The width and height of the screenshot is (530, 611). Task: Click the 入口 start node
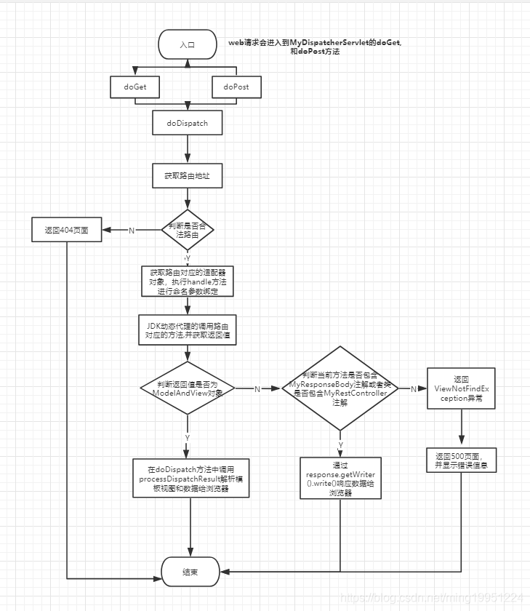[x=188, y=45]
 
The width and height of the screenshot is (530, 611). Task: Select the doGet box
[x=135, y=87]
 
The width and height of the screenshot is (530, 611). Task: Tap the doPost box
[x=236, y=87]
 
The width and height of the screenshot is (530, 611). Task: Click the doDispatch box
[x=188, y=124]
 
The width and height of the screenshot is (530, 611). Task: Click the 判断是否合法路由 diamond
[x=188, y=231]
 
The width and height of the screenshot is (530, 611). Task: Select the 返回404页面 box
[x=66, y=230]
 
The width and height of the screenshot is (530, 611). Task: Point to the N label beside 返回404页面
[x=132, y=231]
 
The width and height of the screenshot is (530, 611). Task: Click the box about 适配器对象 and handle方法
[x=188, y=281]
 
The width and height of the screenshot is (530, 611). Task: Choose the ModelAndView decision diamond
[x=188, y=388]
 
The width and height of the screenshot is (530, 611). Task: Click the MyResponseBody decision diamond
[x=340, y=388]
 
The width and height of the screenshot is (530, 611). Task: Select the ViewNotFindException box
[x=462, y=389]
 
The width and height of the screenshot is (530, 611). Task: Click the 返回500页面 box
[x=462, y=460]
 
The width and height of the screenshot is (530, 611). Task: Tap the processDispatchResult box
[x=190, y=478]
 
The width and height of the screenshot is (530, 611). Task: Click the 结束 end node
[x=190, y=572]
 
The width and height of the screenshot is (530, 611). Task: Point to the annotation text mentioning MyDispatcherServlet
[x=315, y=48]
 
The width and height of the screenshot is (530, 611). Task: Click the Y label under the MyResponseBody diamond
[x=340, y=443]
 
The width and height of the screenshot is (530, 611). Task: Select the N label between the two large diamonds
[x=257, y=388]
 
